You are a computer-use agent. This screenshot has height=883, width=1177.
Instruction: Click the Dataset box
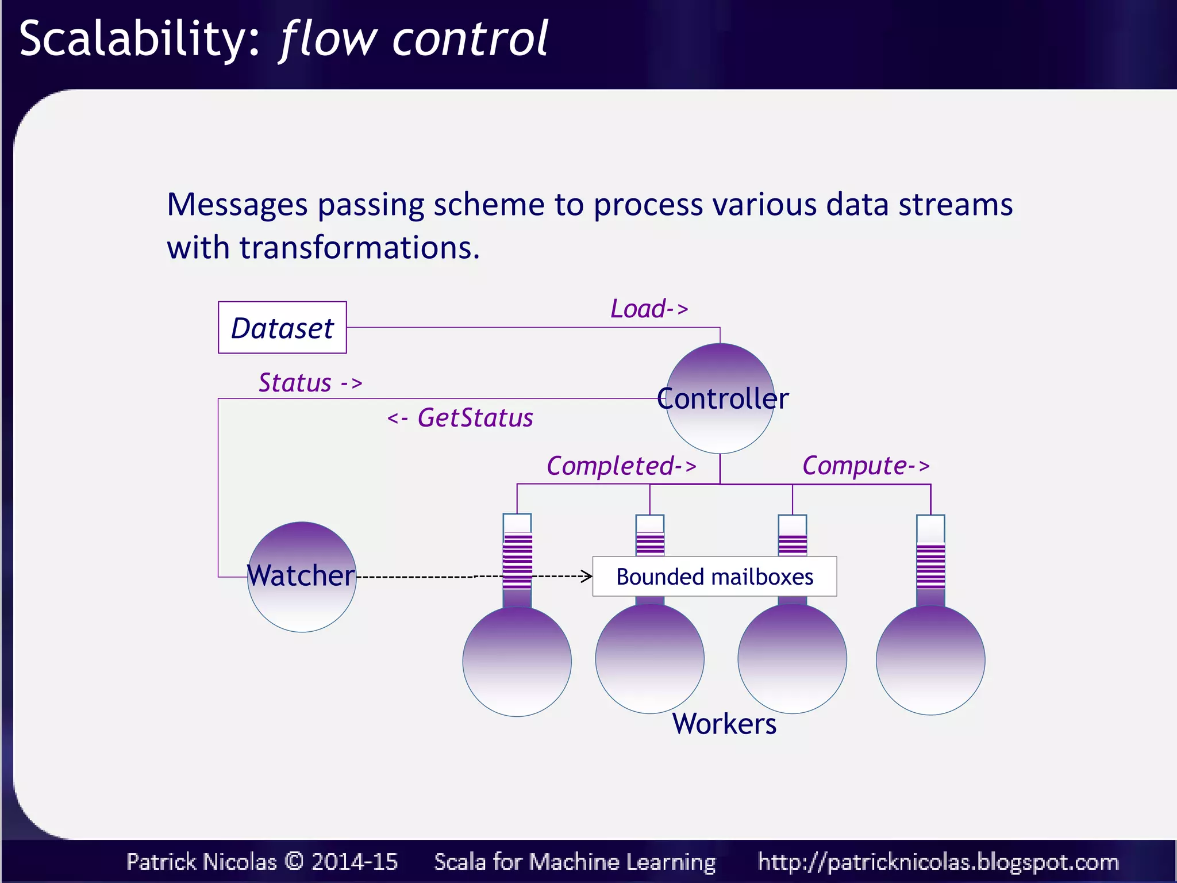pyautogui.click(x=282, y=328)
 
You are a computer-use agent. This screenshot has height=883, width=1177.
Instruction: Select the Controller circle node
pyautogui.click(x=720, y=398)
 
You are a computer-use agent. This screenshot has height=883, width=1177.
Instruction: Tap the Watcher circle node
pyautogui.click(x=302, y=577)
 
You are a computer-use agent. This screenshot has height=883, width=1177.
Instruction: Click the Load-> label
pyautogui.click(x=649, y=309)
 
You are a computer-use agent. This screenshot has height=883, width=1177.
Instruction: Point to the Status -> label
pyautogui.click(x=310, y=383)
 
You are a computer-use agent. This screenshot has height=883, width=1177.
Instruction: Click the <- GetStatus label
pyautogui.click(x=460, y=418)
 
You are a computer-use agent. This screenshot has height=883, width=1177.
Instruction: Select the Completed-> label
pyautogui.click(x=621, y=466)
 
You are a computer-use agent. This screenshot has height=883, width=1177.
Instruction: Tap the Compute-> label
pyautogui.click(x=866, y=466)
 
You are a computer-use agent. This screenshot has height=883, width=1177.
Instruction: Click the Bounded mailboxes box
pyautogui.click(x=714, y=577)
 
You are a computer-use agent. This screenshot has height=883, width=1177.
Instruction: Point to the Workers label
pyautogui.click(x=724, y=723)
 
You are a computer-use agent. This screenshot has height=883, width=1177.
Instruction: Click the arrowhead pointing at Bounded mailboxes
pyautogui.click(x=587, y=576)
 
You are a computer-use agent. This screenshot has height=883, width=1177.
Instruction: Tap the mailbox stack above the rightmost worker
pyautogui.click(x=930, y=560)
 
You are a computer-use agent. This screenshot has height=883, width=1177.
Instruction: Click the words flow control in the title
pyautogui.click(x=414, y=39)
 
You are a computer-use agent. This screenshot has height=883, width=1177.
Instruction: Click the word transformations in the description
pyautogui.click(x=359, y=248)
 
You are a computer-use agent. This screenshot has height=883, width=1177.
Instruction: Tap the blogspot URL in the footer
pyautogui.click(x=938, y=862)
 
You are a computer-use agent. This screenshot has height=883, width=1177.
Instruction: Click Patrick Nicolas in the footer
pyautogui.click(x=201, y=862)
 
